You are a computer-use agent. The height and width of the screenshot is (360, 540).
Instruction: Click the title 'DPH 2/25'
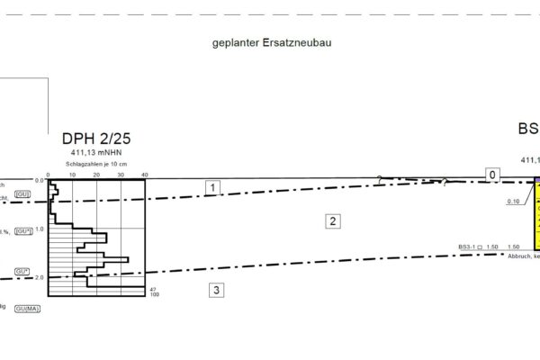click(x=96, y=139)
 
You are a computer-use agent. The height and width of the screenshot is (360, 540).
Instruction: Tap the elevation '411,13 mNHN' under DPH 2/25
click(x=96, y=153)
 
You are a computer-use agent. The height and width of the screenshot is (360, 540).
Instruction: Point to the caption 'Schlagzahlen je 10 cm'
click(x=96, y=164)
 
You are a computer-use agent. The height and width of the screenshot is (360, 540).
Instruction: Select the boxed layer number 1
click(x=212, y=188)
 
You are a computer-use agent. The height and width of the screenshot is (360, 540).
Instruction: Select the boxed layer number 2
click(x=332, y=220)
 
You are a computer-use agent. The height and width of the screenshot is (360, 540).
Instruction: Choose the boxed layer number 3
click(x=215, y=290)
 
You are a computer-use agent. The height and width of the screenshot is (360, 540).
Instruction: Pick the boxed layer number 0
click(x=492, y=174)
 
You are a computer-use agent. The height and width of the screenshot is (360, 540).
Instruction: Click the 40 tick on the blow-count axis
click(x=145, y=175)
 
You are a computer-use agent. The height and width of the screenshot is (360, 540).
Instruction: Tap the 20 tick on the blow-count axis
click(x=96, y=175)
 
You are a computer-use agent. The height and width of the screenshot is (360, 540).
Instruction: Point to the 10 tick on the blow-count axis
click(x=72, y=175)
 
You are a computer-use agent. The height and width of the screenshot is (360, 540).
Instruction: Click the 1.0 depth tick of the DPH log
click(x=39, y=229)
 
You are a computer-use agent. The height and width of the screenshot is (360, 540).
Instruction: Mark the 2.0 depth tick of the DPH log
click(x=39, y=277)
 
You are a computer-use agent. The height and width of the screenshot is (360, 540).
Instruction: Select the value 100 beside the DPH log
click(x=155, y=294)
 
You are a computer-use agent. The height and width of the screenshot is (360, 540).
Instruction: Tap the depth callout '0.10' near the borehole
click(x=514, y=201)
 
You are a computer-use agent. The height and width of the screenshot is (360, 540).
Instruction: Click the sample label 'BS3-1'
click(x=466, y=247)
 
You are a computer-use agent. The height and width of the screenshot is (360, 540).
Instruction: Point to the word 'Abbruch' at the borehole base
click(x=520, y=255)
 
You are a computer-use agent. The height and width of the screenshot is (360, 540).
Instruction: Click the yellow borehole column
click(x=537, y=216)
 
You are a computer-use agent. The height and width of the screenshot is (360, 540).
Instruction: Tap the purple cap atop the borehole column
click(x=537, y=180)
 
